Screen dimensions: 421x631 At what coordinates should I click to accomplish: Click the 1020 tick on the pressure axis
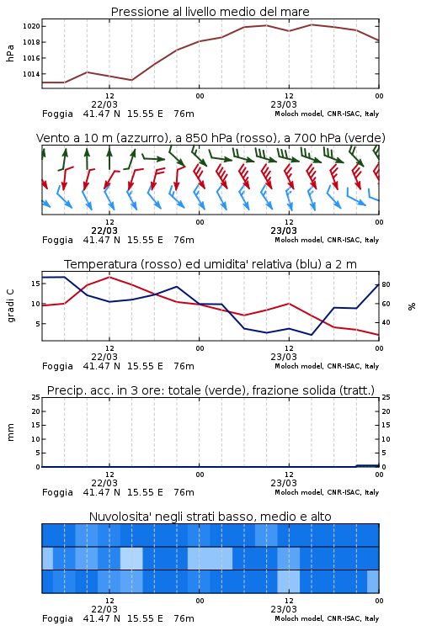(31, 27)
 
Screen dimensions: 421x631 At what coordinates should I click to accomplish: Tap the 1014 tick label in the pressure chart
(31, 74)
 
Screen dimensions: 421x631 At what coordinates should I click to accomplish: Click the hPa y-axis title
(10, 53)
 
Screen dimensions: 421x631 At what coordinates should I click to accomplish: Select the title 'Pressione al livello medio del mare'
(210, 12)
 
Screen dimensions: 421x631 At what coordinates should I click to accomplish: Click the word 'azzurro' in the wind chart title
(141, 139)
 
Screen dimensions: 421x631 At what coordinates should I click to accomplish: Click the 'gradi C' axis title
(10, 305)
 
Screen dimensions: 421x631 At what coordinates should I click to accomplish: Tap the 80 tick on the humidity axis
(386, 284)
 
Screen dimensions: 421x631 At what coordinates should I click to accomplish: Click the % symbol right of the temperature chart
(412, 306)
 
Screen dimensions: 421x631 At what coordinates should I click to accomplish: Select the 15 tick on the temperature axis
(36, 284)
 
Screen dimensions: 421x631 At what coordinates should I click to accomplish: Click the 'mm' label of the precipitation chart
(10, 432)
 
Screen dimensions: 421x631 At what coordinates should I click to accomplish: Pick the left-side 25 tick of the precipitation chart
(36, 397)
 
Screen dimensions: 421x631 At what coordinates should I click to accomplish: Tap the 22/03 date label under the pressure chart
(104, 104)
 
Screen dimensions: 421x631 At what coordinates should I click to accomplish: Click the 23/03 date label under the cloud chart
(284, 609)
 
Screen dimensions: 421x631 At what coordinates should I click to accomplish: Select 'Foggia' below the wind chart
(57, 241)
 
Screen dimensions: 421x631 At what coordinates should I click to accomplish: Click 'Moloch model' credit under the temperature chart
(299, 366)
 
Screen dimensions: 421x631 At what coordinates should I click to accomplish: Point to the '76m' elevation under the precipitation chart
(184, 492)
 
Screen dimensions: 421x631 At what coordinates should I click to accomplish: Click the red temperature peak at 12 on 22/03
(109, 278)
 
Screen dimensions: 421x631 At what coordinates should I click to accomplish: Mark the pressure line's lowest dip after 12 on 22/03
(131, 80)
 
